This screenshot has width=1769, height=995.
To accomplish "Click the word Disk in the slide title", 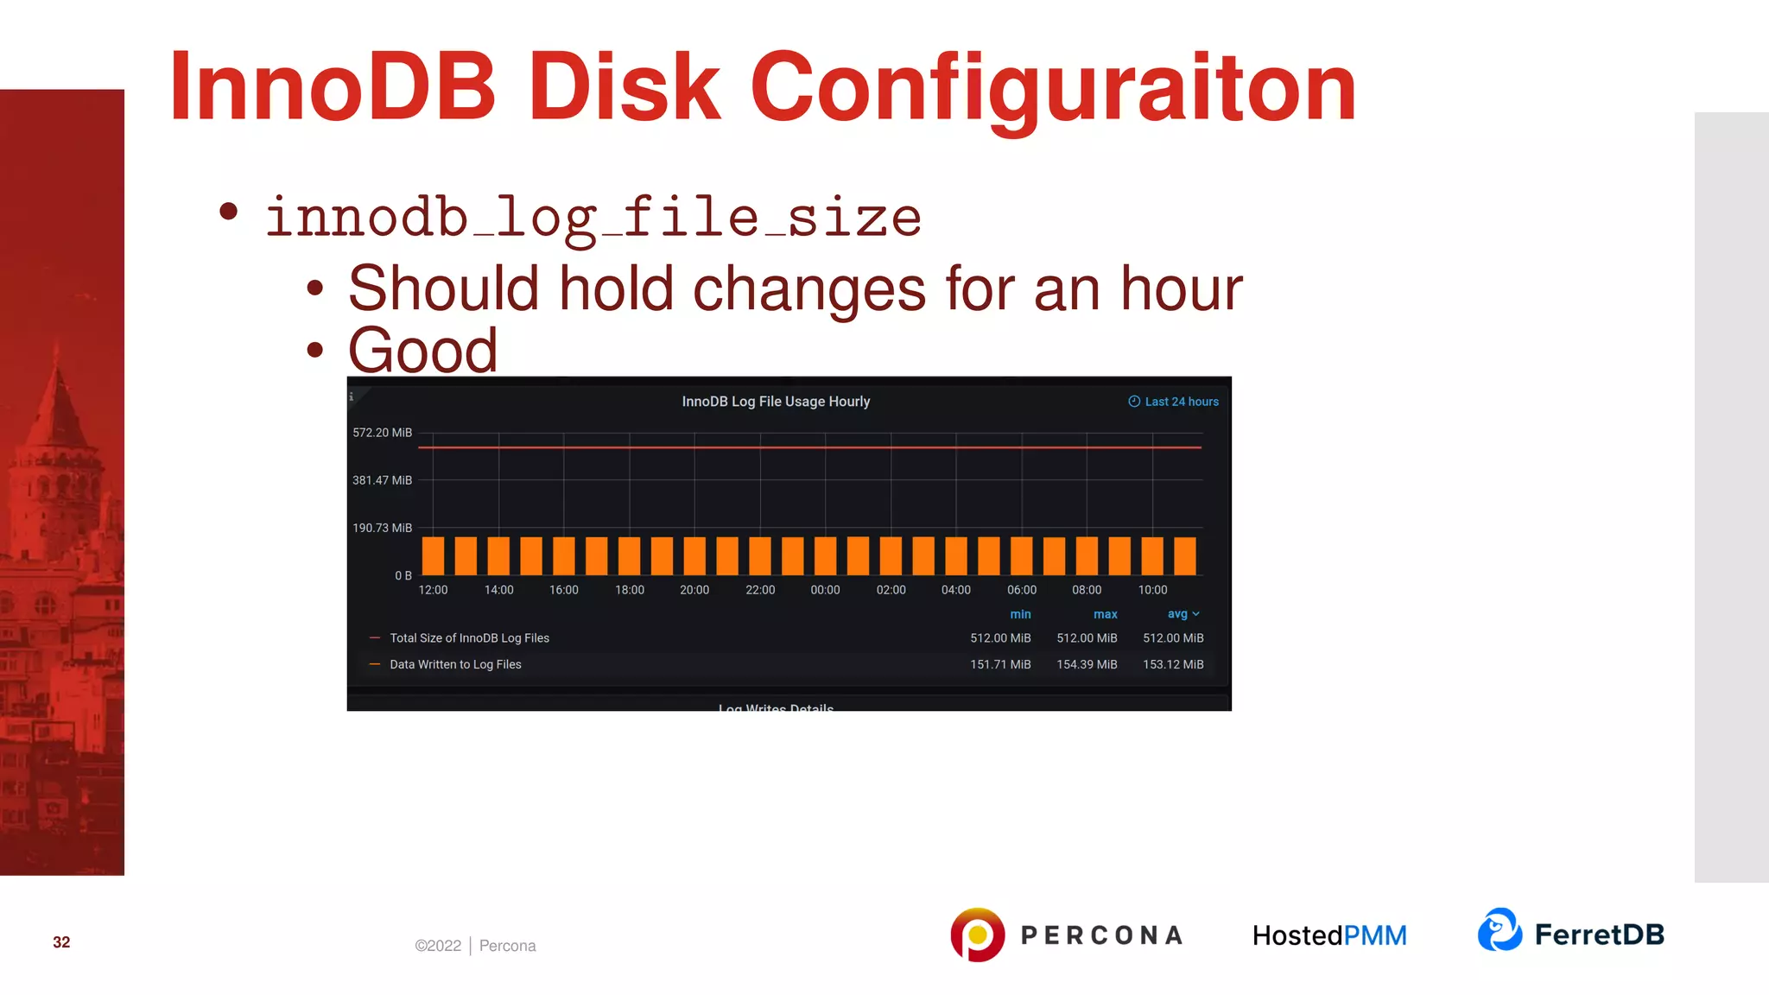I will click(x=624, y=87).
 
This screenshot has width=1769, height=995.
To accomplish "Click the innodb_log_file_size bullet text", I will click(x=593, y=217).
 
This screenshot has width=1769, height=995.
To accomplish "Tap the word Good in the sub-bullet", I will click(x=422, y=351).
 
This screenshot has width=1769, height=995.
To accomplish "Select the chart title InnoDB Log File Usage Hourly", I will click(x=776, y=402).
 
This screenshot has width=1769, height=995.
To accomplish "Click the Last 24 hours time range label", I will click(x=1181, y=402).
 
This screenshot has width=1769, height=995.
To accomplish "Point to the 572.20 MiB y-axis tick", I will click(x=382, y=433).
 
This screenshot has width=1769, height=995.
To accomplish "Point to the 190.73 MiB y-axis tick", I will click(x=382, y=528).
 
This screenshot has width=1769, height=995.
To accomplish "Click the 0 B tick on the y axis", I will click(x=403, y=575).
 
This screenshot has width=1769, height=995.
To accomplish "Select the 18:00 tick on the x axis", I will click(x=630, y=590).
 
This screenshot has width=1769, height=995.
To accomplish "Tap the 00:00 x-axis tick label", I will click(x=825, y=590).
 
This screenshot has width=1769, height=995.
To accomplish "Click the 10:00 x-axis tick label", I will click(x=1152, y=590).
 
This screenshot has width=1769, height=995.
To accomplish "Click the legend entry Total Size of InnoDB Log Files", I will click(x=469, y=638).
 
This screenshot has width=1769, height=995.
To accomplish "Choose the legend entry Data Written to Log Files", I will click(x=455, y=664).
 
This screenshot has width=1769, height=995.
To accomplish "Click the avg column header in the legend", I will click(x=1179, y=614).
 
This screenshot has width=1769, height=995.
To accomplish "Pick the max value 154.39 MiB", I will click(x=1087, y=664).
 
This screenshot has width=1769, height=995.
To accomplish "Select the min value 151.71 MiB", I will click(x=1000, y=664).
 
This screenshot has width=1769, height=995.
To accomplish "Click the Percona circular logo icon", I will click(x=977, y=935).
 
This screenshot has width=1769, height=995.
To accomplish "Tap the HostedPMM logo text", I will click(x=1329, y=935).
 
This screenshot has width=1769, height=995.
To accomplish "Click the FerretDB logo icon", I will click(x=1500, y=930).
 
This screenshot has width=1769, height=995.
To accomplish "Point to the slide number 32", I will click(x=61, y=942).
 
